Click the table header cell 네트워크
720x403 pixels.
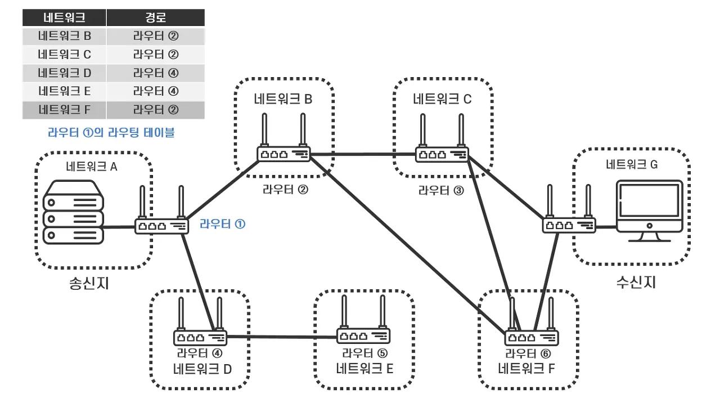64,17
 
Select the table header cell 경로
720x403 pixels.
155,17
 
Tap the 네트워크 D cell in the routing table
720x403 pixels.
64,73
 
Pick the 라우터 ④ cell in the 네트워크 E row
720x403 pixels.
155,91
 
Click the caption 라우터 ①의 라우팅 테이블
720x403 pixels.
111,133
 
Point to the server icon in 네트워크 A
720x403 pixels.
74,212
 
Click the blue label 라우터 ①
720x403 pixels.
222,224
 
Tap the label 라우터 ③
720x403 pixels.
441,190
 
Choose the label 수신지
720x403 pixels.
636,281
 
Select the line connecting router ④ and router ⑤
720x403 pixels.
281,337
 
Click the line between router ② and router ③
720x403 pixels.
363,154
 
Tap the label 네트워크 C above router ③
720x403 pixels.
442,100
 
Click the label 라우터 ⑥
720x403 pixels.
528,353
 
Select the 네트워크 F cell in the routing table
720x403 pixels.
64,109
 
